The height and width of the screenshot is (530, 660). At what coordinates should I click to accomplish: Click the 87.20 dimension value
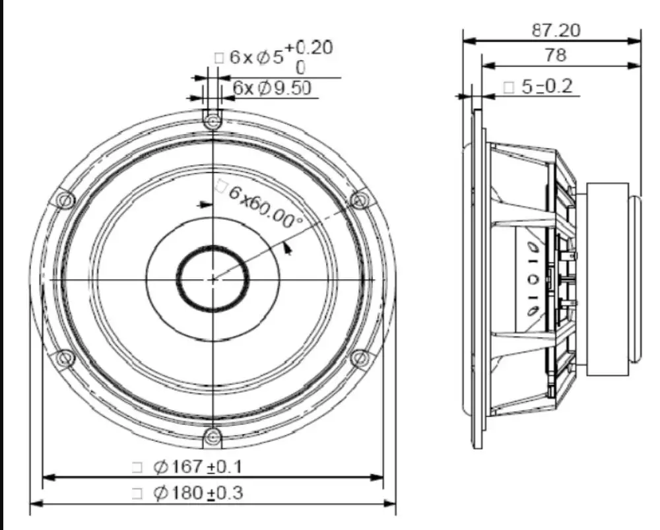coord(556,30)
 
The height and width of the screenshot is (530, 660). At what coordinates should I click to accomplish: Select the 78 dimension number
coord(556,55)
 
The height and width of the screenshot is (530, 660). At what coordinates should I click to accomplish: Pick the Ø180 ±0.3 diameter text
coord(198,493)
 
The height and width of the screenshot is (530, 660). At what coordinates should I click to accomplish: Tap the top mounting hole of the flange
coord(213,121)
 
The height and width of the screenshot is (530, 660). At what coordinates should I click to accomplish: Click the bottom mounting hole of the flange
coord(213,436)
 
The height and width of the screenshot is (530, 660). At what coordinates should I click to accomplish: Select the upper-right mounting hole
coord(359,199)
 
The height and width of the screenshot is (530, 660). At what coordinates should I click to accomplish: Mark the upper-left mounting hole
coord(64,199)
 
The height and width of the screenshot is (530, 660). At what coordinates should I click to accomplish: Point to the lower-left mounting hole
coord(64,358)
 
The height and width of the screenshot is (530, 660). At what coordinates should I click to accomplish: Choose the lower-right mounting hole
coord(359,358)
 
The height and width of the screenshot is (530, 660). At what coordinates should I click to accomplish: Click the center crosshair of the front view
coord(213,279)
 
